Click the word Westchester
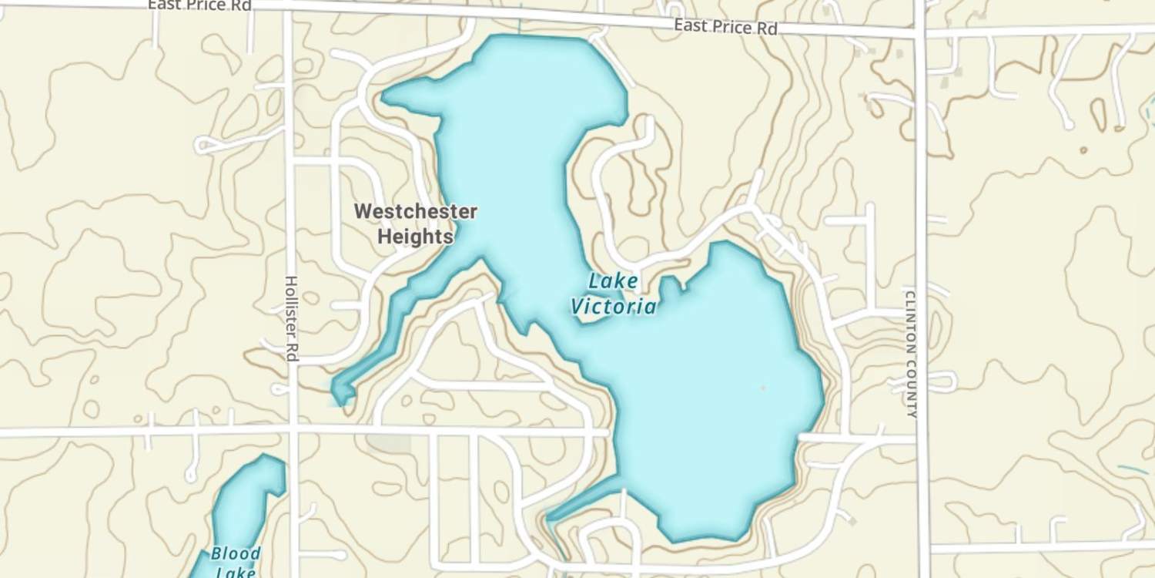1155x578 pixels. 416,211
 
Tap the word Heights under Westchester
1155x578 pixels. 416,237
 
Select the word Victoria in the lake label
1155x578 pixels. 614,307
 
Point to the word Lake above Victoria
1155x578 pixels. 614,281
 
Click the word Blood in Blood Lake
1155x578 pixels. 236,554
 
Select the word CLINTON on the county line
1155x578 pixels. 911,322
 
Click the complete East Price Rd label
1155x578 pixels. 725,27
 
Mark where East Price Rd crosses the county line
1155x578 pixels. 920,33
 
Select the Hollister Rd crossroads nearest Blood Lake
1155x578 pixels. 293,429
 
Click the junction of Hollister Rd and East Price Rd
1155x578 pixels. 289,8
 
